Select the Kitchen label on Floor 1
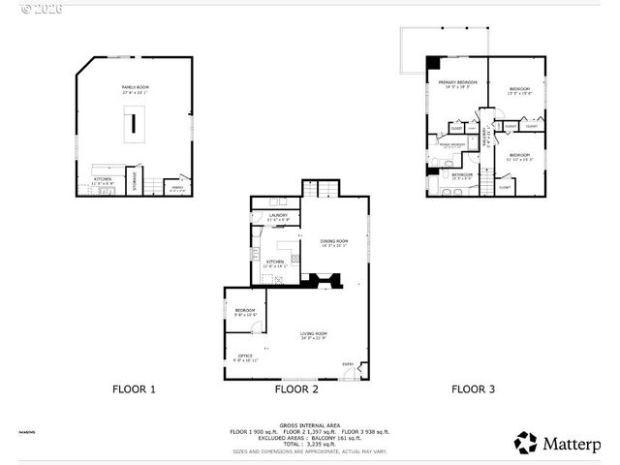tap(104, 180)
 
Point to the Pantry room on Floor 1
tap(175, 188)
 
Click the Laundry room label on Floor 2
tap(278, 217)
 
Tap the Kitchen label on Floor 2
tap(274, 263)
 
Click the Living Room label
tap(313, 335)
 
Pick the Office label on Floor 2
tap(245, 357)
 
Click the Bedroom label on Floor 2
tap(244, 312)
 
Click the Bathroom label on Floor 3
tap(461, 175)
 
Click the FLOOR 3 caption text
tap(473, 389)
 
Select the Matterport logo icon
tap(527, 443)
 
